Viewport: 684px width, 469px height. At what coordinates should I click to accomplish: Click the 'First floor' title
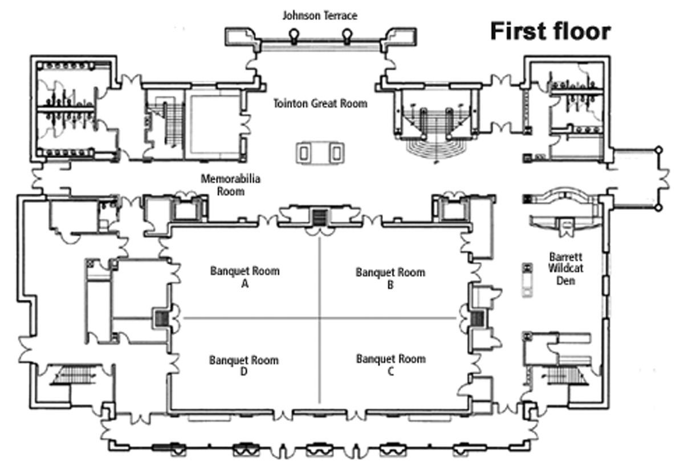pos(550,31)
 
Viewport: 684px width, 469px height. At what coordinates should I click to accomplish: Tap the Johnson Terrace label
pos(320,15)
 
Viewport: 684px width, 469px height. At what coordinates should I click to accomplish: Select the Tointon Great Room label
pos(320,104)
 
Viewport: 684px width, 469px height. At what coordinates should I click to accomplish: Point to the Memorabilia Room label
pos(230,185)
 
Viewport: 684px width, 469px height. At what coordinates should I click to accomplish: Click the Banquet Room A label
pos(245,276)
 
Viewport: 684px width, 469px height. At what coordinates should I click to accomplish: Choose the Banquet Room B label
pos(390,278)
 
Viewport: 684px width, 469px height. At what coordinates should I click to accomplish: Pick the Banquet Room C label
pos(390,365)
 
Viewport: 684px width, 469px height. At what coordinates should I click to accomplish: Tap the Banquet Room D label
pos(244,366)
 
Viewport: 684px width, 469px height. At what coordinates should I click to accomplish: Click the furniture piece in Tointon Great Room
pos(320,152)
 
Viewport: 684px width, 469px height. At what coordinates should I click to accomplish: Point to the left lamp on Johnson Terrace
pos(294,36)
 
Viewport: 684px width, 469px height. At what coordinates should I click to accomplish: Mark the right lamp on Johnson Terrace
pos(345,36)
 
